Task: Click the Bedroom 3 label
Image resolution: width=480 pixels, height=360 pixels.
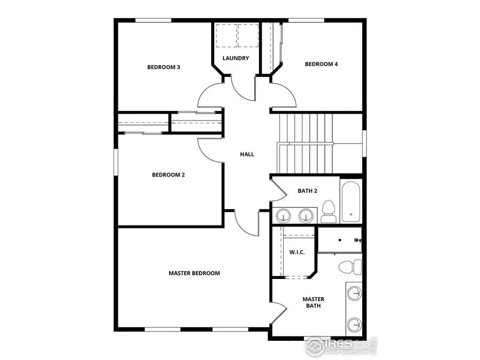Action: tap(163, 67)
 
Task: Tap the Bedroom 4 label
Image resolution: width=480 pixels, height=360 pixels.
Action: tap(321, 64)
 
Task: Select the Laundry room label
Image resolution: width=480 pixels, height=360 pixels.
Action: tap(236, 58)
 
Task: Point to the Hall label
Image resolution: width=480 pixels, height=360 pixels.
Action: tap(247, 154)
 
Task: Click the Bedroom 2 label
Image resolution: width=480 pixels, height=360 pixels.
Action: tap(168, 174)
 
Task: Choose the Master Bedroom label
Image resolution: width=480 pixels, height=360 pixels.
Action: tap(194, 273)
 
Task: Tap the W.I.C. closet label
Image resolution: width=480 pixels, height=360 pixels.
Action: tap(297, 252)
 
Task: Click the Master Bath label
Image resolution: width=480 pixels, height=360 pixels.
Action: tap(313, 302)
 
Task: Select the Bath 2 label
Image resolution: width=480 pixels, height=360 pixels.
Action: tap(308, 190)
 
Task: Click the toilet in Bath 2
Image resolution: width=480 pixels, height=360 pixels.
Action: tap(329, 212)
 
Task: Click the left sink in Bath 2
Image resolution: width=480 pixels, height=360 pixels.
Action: tap(284, 215)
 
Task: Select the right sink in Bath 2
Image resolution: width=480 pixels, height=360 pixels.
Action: tap(305, 215)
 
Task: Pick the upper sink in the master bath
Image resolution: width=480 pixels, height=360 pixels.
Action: tap(354, 293)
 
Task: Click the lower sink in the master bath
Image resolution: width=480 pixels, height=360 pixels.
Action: tap(354, 323)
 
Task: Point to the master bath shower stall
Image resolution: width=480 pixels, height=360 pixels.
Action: tap(340, 240)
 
